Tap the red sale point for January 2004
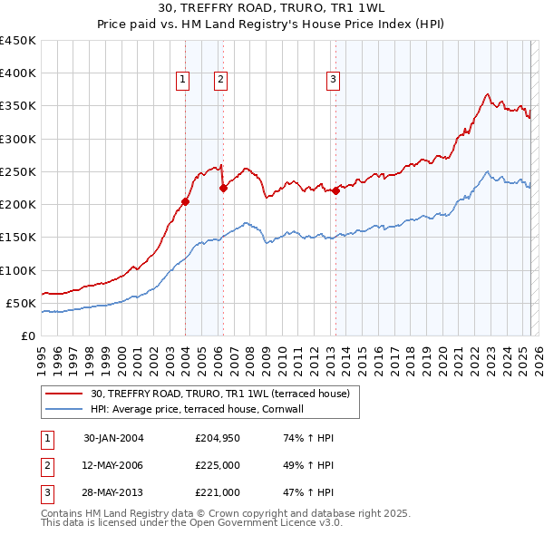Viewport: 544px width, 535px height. tap(185, 201)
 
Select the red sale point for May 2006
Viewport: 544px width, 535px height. tap(223, 189)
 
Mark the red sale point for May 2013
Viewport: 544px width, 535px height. tap(335, 190)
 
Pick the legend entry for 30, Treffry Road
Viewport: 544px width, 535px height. tap(226, 394)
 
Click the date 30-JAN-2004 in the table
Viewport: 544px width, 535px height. tap(113, 438)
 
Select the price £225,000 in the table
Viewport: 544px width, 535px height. tap(217, 465)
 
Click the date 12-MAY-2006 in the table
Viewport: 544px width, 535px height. tap(113, 465)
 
